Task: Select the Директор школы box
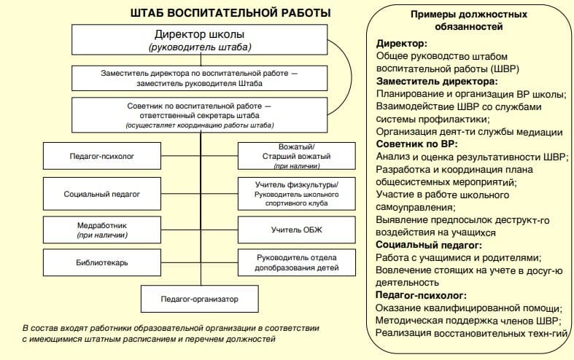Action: pyautogui.click(x=200, y=41)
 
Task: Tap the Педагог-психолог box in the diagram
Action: pyautogui.click(x=102, y=157)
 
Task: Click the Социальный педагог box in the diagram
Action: pyautogui.click(x=102, y=195)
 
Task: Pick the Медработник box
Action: pyautogui.click(x=102, y=230)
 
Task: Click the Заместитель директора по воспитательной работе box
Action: pyautogui.click(x=200, y=78)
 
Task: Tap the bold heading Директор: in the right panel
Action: pyautogui.click(x=400, y=44)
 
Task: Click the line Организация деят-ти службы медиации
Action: pyautogui.click(x=469, y=132)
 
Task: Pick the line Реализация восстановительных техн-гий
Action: pyautogui.click(x=470, y=332)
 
